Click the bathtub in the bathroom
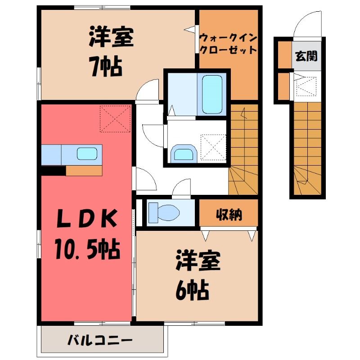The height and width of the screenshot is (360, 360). point(212,94)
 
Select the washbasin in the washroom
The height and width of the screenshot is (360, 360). point(184,153)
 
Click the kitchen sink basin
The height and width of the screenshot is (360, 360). point(87,153)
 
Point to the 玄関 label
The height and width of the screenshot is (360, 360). point(306,56)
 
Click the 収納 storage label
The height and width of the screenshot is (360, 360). point(229,215)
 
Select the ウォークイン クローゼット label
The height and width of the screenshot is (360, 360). point(228,44)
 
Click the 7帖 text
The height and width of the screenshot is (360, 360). point(105,67)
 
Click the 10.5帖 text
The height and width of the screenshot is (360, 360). point(87,249)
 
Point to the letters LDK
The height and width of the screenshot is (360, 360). point(86,219)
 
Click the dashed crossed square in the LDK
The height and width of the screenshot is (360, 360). point(115,119)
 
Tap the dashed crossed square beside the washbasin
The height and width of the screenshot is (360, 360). point(213,147)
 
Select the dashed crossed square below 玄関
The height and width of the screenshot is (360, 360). point(306,86)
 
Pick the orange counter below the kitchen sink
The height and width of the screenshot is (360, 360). point(84,171)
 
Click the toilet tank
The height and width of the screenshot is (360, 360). point(153,212)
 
